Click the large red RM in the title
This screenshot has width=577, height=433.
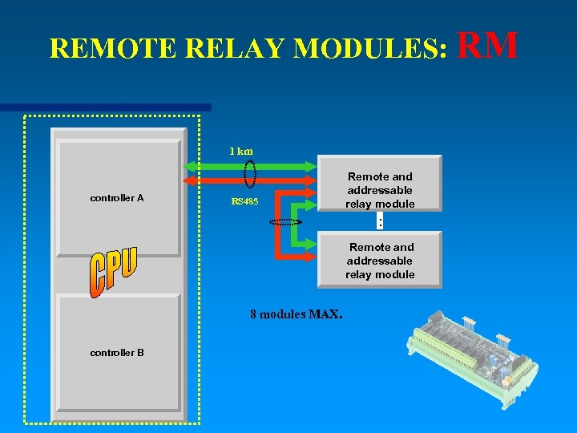489,46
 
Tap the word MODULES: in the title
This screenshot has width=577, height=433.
370,49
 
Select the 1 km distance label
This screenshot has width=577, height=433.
240,151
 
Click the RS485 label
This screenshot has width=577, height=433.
244,201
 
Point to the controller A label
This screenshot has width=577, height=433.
117,197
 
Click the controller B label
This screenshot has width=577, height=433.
117,352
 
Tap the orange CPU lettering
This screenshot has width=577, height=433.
113,273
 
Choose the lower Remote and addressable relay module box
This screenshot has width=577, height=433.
380,260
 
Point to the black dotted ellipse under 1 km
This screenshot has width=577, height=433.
250,173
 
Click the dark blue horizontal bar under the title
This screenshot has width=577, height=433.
105,107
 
